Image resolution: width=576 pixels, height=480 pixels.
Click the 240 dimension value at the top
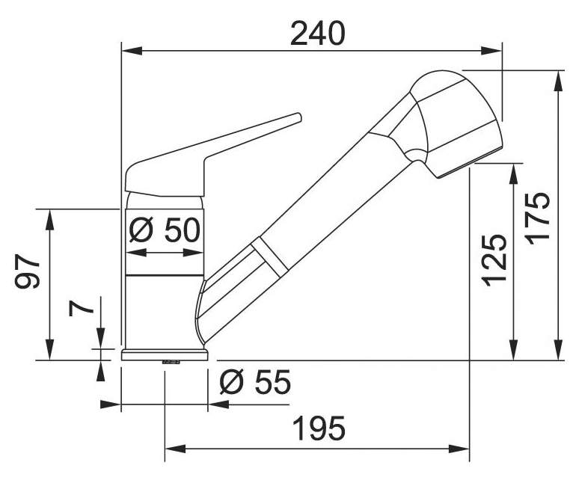tap(317, 34)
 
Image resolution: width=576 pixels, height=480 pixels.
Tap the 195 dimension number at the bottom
tap(319, 428)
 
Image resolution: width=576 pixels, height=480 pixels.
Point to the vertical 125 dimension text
tap(494, 260)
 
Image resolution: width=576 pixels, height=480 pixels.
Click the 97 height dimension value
tap(27, 271)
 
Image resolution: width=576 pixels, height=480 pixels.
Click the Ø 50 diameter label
tap(165, 230)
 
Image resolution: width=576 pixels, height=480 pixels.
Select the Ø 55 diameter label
tap(255, 382)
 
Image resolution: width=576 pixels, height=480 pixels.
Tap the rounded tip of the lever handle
tap(298, 117)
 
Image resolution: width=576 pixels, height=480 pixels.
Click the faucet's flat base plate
tap(165, 355)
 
